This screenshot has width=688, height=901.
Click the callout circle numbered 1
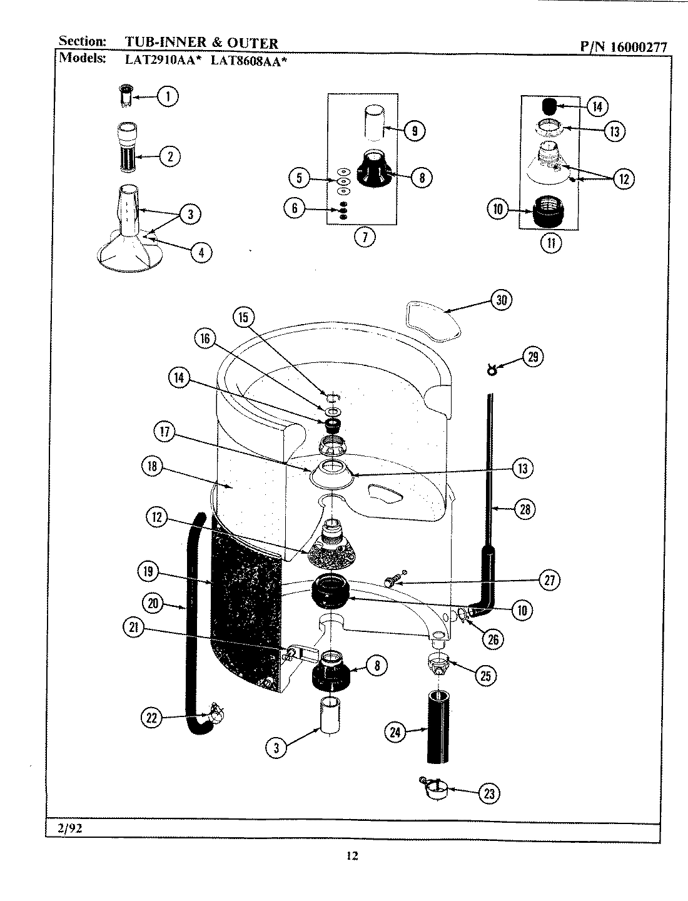pyautogui.click(x=167, y=96)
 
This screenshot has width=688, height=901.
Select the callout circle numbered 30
pyautogui.click(x=501, y=300)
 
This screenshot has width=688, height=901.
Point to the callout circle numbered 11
pyautogui.click(x=551, y=242)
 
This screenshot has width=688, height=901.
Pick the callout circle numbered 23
pyautogui.click(x=489, y=793)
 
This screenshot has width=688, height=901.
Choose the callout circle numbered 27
pyautogui.click(x=549, y=580)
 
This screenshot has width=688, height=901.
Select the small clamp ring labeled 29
pyautogui.click(x=492, y=372)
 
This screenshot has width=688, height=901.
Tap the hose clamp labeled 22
pyautogui.click(x=213, y=711)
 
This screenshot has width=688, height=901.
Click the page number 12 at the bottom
pyautogui.click(x=352, y=857)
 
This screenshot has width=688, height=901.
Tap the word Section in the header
pyautogui.click(x=81, y=41)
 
